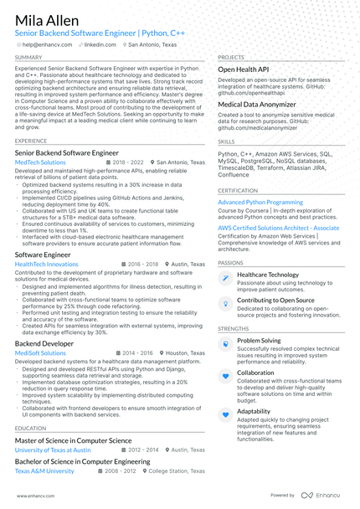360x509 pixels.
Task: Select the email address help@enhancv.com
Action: (x=47, y=44)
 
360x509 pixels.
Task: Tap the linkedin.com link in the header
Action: (x=100, y=44)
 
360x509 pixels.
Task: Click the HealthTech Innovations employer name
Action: (x=47, y=264)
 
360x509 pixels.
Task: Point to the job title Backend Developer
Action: (x=44, y=343)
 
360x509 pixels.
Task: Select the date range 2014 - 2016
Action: (x=136, y=353)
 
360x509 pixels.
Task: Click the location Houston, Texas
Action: (x=184, y=353)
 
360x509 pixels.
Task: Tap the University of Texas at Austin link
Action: (x=53, y=450)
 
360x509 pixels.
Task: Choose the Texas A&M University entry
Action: (x=44, y=470)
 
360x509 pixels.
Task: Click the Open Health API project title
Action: (x=243, y=69)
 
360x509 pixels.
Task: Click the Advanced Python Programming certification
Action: (x=260, y=202)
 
